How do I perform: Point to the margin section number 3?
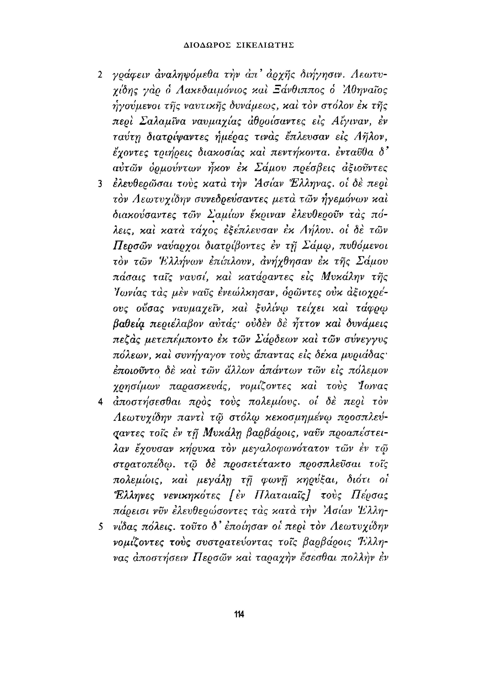click(x=100, y=184)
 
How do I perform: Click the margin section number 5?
click(x=100, y=527)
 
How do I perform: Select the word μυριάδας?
click(x=363, y=356)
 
